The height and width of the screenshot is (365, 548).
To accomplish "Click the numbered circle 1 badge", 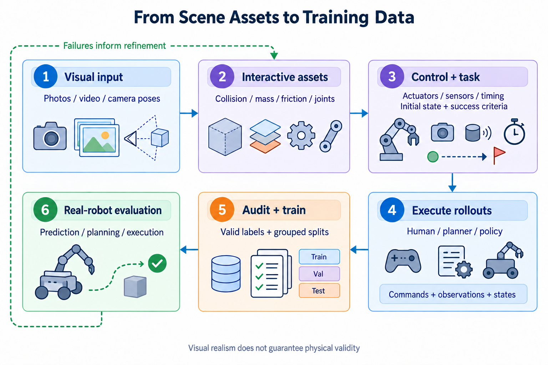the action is pos(46,77).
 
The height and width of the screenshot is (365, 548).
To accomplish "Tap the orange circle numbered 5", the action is pos(222,210).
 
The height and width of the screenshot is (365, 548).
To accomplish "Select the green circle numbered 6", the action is pos(45,210).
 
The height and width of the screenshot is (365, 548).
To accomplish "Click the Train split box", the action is pos(319,257).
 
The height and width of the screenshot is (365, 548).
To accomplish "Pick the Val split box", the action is pos(319,274).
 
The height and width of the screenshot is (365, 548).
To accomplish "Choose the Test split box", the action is pos(319,291).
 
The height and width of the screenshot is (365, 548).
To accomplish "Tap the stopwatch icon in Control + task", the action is pos(514,132).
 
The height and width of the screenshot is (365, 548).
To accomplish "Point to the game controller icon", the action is pos(403,261).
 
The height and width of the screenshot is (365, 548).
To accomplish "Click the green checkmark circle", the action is pos(157,263).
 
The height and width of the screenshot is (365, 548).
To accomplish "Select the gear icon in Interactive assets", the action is pos(301,135).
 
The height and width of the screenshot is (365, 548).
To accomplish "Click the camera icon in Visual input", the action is pos(50,136).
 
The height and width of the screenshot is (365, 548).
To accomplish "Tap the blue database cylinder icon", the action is pos(226,274).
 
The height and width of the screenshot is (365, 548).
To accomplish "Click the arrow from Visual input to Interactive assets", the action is pos(189,113).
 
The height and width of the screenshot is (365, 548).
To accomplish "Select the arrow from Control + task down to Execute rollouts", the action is pos(452,182).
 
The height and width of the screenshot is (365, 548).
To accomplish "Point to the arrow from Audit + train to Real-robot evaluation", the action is pos(189,250).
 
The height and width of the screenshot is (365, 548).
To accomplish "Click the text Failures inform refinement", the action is pos(115,46).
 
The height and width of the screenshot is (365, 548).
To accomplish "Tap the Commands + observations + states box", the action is pos(453,294).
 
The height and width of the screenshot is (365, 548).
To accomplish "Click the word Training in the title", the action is pos(335,17).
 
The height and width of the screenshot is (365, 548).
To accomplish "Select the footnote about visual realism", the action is pos(274,348).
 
